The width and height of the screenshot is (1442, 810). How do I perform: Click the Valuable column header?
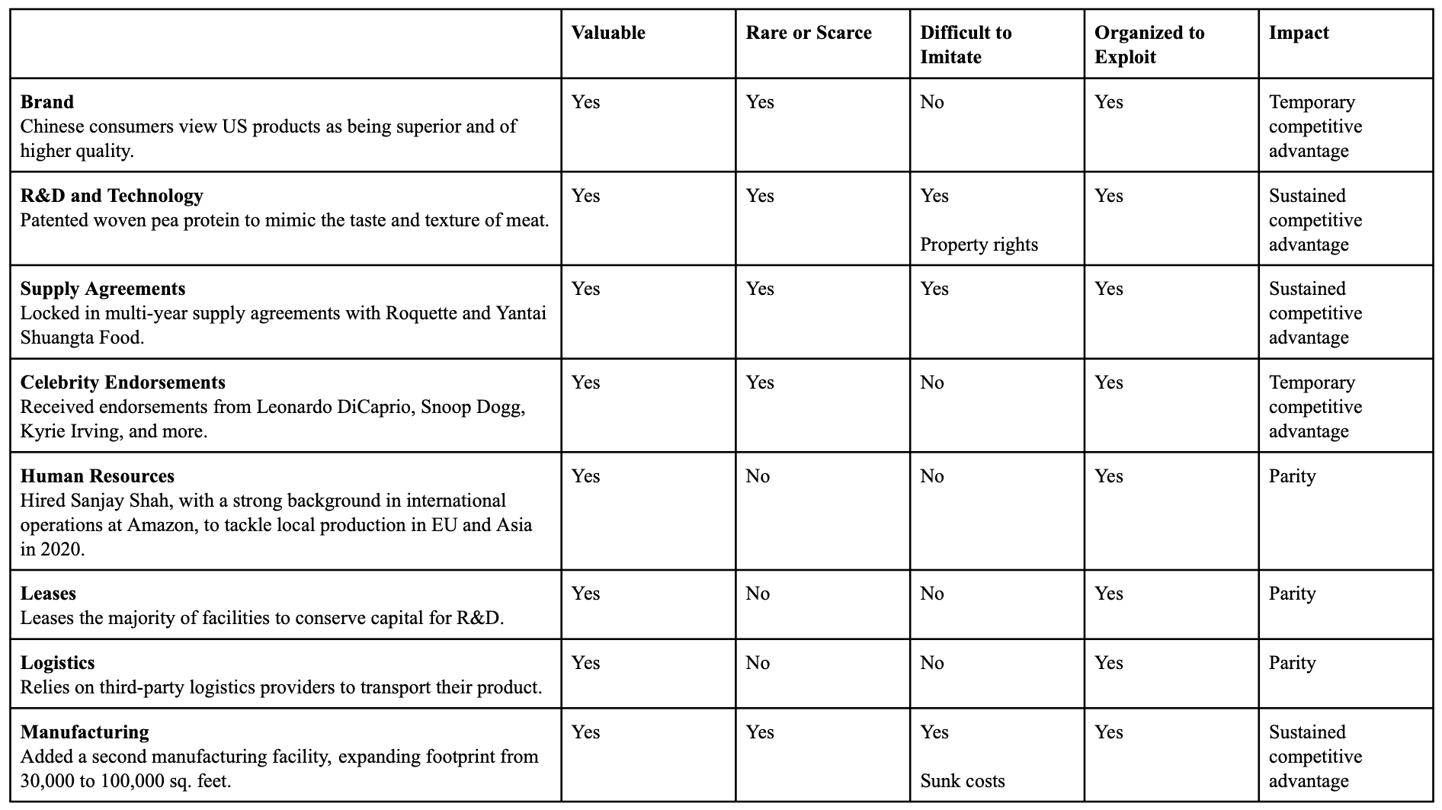[608, 33]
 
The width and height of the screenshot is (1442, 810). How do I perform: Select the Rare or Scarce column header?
[809, 33]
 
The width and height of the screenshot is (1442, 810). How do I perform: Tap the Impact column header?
[1299, 33]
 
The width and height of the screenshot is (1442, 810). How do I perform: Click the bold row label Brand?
[47, 102]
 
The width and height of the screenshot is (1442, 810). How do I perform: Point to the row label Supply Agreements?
[103, 289]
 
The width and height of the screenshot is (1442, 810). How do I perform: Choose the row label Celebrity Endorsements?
[123, 383]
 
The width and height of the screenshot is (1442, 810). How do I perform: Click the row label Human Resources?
[98, 476]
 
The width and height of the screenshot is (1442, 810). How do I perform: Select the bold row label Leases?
[48, 594]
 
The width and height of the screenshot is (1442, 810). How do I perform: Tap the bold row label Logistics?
[58, 663]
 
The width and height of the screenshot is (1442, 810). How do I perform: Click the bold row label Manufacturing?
[85, 732]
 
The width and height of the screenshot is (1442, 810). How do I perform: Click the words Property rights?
[979, 245]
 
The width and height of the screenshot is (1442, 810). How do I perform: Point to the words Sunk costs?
[963, 781]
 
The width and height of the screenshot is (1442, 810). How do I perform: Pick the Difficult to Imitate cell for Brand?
[932, 102]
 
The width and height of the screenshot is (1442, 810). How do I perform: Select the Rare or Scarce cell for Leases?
[758, 594]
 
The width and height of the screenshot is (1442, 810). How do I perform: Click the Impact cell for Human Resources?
[1292, 476]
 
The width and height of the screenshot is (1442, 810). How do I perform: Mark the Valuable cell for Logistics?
[585, 663]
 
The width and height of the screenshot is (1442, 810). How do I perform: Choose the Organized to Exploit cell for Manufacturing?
[1109, 732]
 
